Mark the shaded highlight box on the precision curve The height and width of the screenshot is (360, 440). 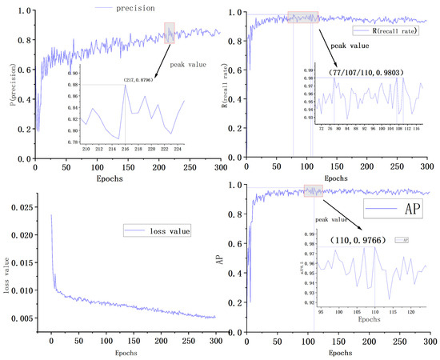(169, 32)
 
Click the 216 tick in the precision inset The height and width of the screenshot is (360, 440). (124, 148)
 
